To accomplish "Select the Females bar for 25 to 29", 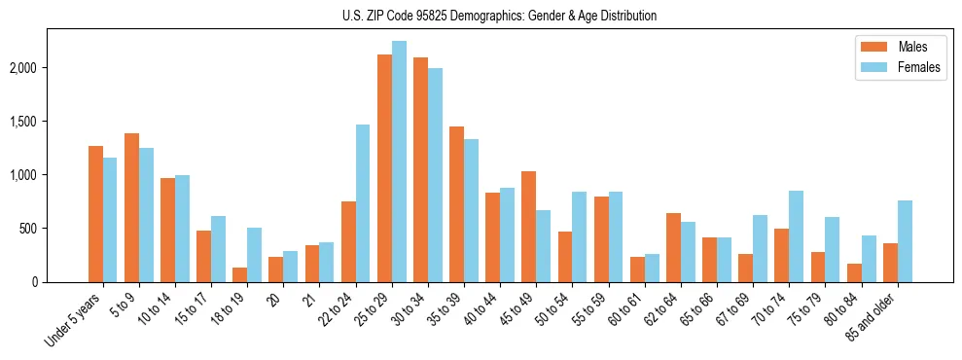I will [x=399, y=162].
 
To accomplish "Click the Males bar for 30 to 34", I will [x=420, y=169].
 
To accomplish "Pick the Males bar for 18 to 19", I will [x=240, y=275].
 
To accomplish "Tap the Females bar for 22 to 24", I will [x=363, y=203].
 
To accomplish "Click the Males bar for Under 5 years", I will [x=95, y=214].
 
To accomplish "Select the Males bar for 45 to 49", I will [x=529, y=227].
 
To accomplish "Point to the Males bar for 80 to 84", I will [x=854, y=273].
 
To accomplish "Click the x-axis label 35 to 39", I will [x=445, y=307].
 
